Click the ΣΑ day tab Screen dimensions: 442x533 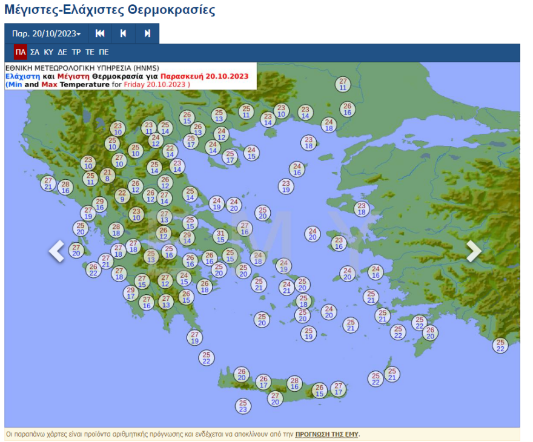[35, 52]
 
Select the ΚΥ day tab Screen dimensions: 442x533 [48, 52]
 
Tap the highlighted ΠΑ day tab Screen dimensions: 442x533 [21, 52]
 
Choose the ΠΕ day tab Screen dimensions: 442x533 [104, 52]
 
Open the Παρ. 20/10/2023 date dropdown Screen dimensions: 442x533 [46, 34]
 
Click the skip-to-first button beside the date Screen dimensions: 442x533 [100, 34]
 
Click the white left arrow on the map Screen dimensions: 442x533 [56, 251]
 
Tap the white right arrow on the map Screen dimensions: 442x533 [474, 251]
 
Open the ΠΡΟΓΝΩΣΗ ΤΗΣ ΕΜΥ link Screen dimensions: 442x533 [327, 435]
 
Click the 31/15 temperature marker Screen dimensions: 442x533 [221, 237]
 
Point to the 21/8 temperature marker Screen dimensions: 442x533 [107, 176]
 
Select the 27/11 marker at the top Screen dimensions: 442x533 [343, 84]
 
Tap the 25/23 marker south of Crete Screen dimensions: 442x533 [243, 406]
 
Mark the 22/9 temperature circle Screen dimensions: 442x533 [122, 196]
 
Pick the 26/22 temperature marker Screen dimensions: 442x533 [93, 269]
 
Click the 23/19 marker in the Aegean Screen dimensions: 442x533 [286, 186]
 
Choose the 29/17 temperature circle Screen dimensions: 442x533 [131, 293]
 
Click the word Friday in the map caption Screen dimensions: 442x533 [134, 85]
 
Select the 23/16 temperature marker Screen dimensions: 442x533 [339, 243]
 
